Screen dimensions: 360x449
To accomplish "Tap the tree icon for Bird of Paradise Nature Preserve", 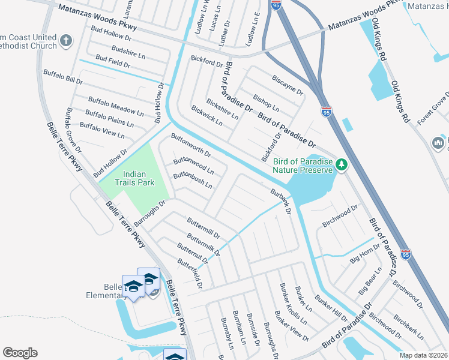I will pos(342,164).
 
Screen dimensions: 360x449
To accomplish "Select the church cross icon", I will pos(66,43).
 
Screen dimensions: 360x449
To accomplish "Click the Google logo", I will pos(20,353).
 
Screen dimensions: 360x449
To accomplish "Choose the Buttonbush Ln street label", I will pos(193,181).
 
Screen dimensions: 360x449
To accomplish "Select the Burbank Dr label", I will pos(280,203).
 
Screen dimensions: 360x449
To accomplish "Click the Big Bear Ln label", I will pos(370,282).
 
